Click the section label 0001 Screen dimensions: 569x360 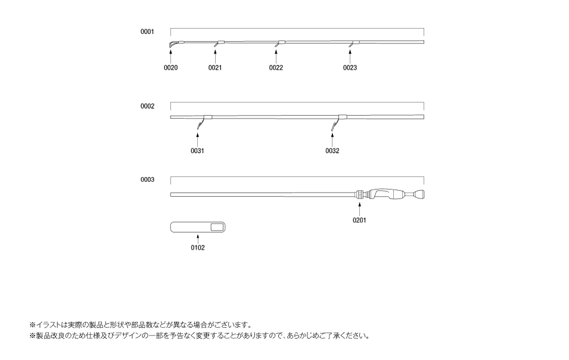(147, 32)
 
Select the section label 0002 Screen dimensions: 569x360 (147, 106)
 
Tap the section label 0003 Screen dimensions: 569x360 (147, 179)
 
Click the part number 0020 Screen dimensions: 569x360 (171, 68)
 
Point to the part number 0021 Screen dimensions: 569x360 (215, 68)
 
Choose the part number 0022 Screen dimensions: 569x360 (276, 68)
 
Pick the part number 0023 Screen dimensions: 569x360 (350, 68)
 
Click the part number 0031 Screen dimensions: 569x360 (197, 151)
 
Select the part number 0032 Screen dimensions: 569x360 (332, 151)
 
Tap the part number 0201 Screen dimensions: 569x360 (360, 221)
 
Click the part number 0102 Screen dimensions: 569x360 (198, 248)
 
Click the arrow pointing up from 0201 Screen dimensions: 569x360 (360, 209)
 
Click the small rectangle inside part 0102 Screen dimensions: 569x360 (217, 228)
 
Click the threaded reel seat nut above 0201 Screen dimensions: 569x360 (360, 194)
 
